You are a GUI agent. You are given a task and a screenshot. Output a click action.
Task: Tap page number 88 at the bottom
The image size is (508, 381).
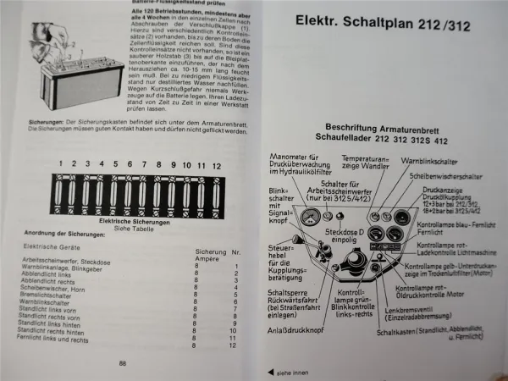(124, 363)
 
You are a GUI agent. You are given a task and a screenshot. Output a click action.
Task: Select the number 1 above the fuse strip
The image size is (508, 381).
(59, 163)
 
